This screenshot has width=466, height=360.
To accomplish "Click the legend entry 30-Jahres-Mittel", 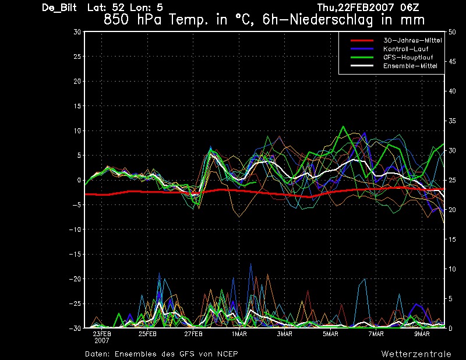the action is [412, 40].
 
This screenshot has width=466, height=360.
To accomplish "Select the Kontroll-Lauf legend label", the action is [405, 49].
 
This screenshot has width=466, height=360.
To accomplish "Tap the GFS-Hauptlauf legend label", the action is [408, 57].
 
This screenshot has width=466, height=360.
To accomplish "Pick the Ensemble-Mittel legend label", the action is [410, 66].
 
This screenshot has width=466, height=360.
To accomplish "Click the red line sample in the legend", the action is [362, 40].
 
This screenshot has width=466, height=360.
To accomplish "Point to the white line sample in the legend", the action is [362, 66].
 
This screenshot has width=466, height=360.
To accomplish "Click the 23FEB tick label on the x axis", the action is [102, 334].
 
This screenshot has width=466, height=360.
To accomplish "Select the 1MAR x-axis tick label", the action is [239, 334].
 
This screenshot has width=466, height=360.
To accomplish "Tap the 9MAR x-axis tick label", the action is [422, 334].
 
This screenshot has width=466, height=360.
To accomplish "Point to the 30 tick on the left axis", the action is [77, 32].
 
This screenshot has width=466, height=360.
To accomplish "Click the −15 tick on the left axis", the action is [75, 255].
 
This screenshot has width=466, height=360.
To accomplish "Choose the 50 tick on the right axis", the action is [452, 32].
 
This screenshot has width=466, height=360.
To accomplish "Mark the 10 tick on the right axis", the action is [452, 269].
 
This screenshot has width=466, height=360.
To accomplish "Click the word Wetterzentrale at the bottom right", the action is [416, 354].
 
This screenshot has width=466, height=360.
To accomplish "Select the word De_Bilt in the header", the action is [59, 8].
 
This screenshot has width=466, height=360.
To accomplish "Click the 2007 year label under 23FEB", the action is [102, 341].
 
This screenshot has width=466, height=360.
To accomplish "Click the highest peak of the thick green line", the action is [343, 126].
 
